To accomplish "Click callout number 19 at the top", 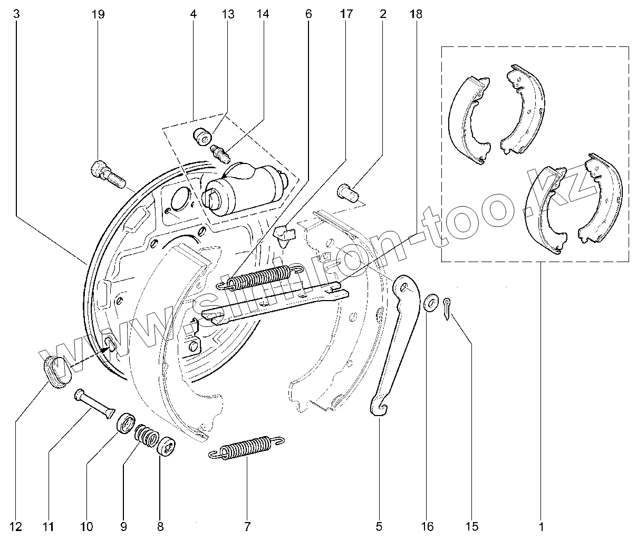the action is [98, 15].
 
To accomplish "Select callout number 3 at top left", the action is [16, 15].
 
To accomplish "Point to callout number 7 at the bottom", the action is [247, 526].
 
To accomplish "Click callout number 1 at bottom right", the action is [541, 526].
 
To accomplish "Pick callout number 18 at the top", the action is [416, 15].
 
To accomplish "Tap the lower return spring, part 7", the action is [246, 448].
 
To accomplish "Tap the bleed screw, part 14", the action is [220, 153].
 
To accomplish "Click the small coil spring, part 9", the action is [147, 436].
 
